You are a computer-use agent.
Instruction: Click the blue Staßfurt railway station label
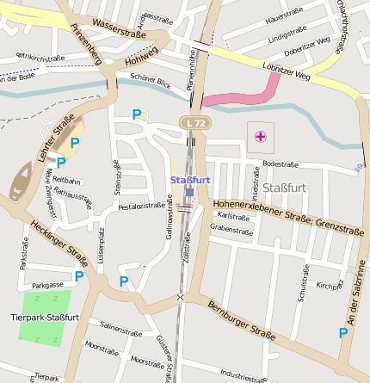190,179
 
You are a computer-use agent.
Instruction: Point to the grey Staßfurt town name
284,187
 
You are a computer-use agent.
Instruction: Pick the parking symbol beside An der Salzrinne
343,332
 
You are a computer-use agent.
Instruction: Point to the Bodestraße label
280,164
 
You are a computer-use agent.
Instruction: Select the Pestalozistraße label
141,207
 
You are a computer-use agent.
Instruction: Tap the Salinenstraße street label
120,328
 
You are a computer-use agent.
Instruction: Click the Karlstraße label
234,216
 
